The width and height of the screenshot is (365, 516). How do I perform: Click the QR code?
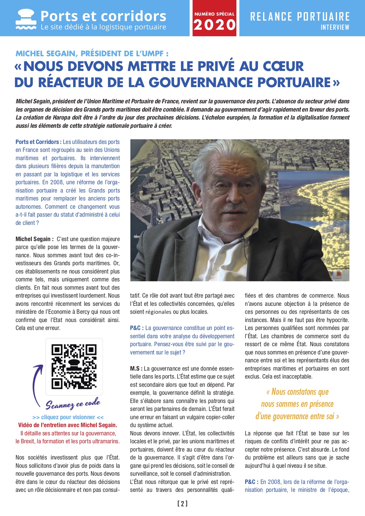pos(74,366)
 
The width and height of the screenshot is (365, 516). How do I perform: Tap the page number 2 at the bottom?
pos(182,504)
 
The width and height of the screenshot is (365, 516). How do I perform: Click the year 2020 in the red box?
pos(215,25)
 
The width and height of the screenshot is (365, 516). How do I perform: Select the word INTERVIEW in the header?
pos(335,27)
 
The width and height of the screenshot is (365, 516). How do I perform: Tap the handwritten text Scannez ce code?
pos(73,404)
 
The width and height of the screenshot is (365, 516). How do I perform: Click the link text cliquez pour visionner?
pos(68,417)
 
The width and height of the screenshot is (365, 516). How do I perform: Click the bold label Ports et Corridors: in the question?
pos(39,142)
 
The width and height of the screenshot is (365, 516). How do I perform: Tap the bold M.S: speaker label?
pos(136,369)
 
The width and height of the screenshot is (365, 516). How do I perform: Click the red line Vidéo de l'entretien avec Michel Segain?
pos(68,425)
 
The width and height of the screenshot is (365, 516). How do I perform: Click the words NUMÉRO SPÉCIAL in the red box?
pos(215,14)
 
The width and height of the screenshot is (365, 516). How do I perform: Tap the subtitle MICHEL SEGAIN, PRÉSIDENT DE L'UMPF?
pos(92,54)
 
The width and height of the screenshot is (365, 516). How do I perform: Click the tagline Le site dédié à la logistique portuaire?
pos(103,27)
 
